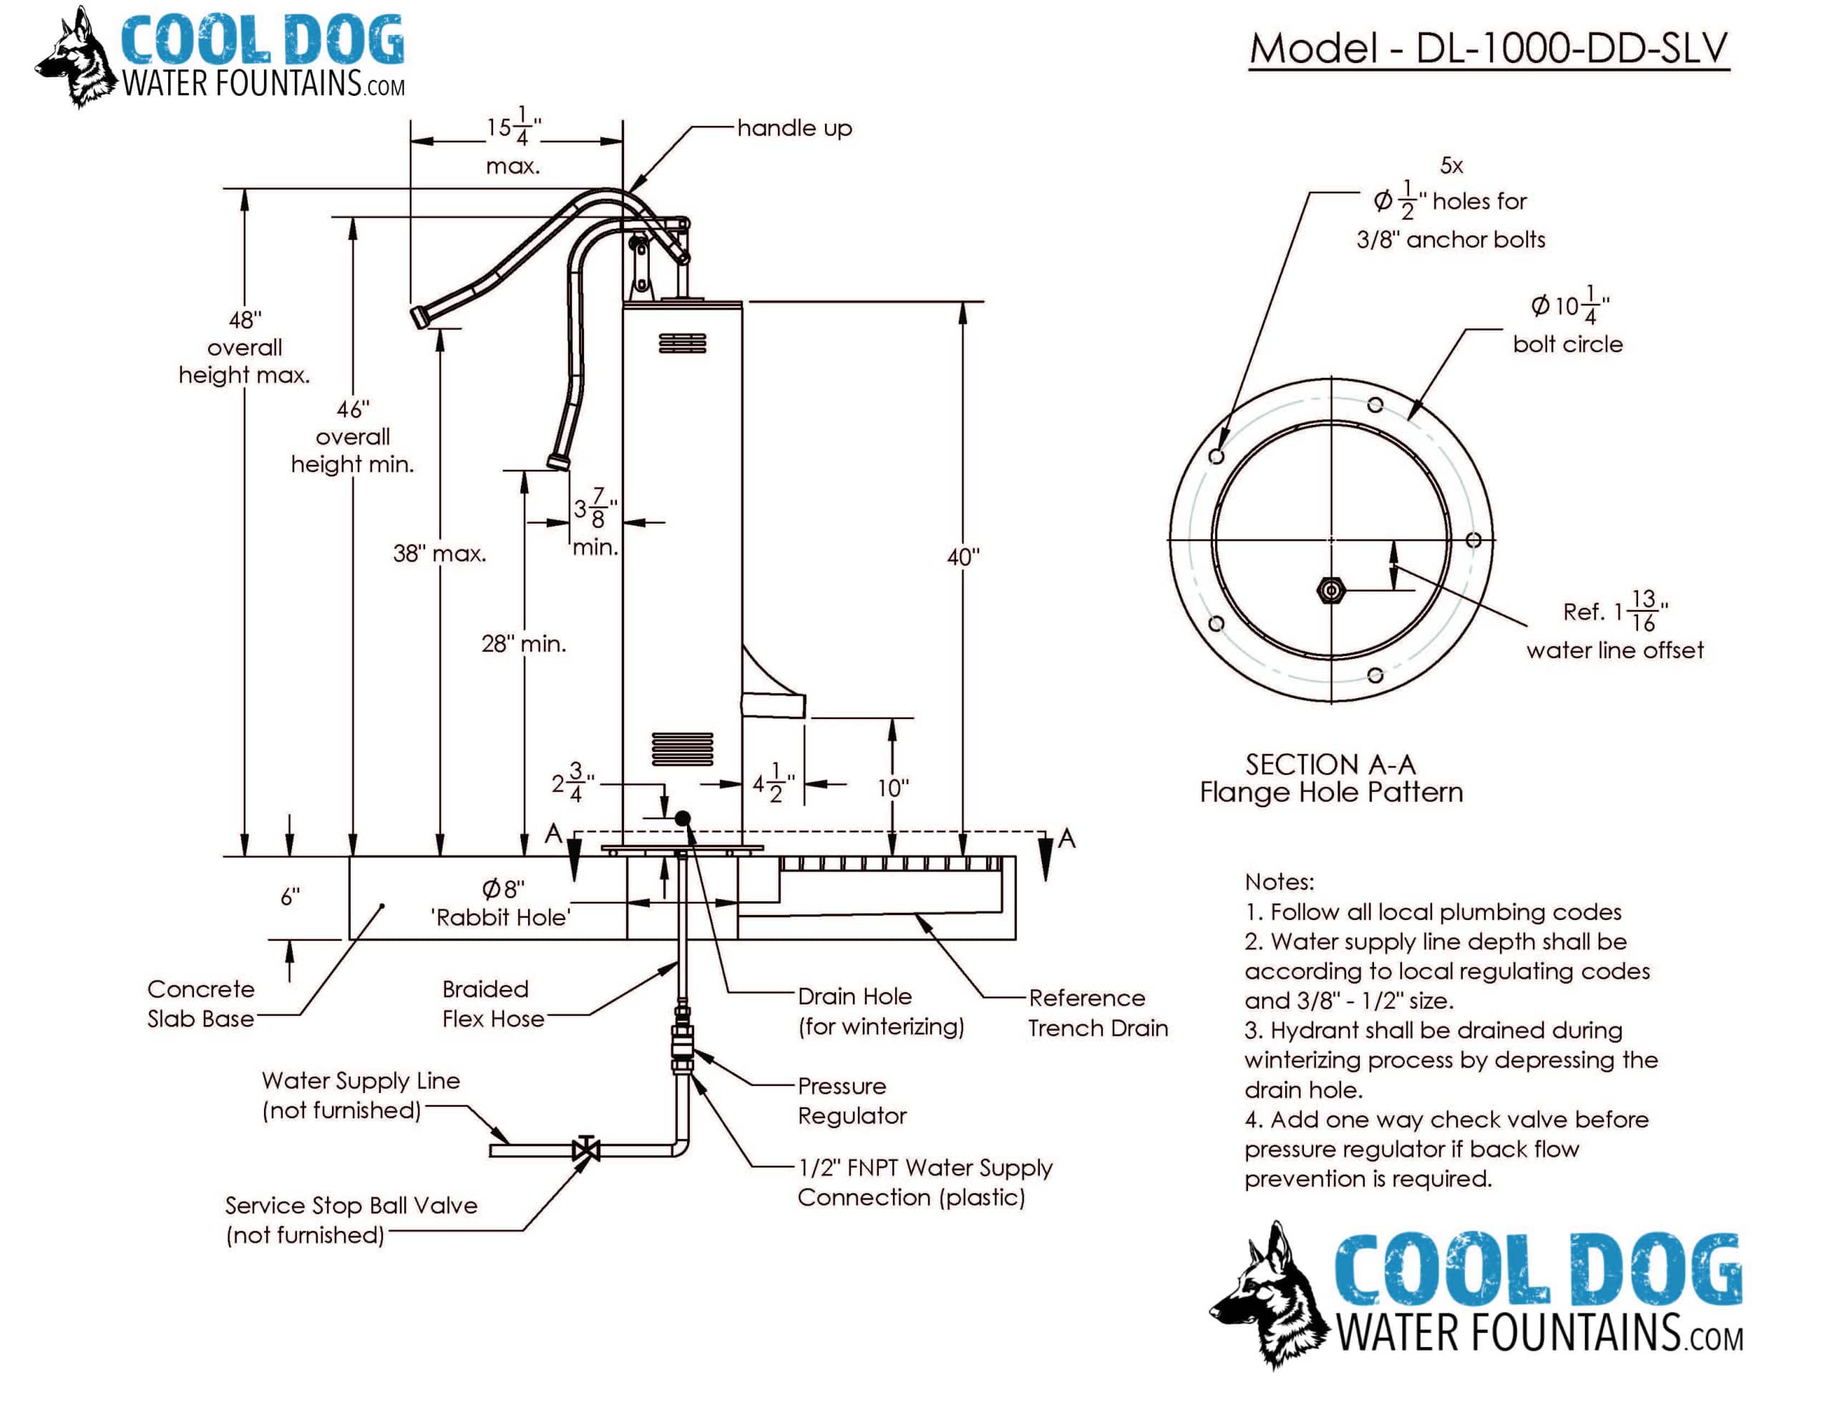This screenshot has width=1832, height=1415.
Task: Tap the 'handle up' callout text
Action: click(x=794, y=128)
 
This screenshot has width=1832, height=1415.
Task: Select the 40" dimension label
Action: click(x=963, y=557)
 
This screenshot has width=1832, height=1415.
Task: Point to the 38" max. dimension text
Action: click(x=439, y=554)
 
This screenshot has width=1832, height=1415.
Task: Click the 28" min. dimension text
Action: click(x=523, y=644)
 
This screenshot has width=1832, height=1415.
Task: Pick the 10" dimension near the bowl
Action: click(x=892, y=788)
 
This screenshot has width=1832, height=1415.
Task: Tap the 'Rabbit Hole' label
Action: click(x=501, y=917)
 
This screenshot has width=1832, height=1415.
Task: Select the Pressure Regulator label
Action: click(x=852, y=1100)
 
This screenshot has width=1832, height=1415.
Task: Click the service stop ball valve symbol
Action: click(x=586, y=1149)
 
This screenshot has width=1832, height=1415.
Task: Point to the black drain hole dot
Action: click(x=683, y=818)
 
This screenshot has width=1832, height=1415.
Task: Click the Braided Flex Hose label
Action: click(x=492, y=1004)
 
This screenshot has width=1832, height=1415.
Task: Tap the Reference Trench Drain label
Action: click(x=1097, y=1012)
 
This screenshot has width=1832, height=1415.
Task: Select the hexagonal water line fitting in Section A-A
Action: click(x=1330, y=590)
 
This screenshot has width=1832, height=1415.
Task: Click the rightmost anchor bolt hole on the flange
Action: click(x=1473, y=539)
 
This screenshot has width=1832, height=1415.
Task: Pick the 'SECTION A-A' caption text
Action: click(x=1330, y=764)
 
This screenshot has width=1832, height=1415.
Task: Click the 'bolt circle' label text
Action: click(x=1567, y=344)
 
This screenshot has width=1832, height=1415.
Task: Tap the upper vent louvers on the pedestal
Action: click(x=682, y=343)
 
